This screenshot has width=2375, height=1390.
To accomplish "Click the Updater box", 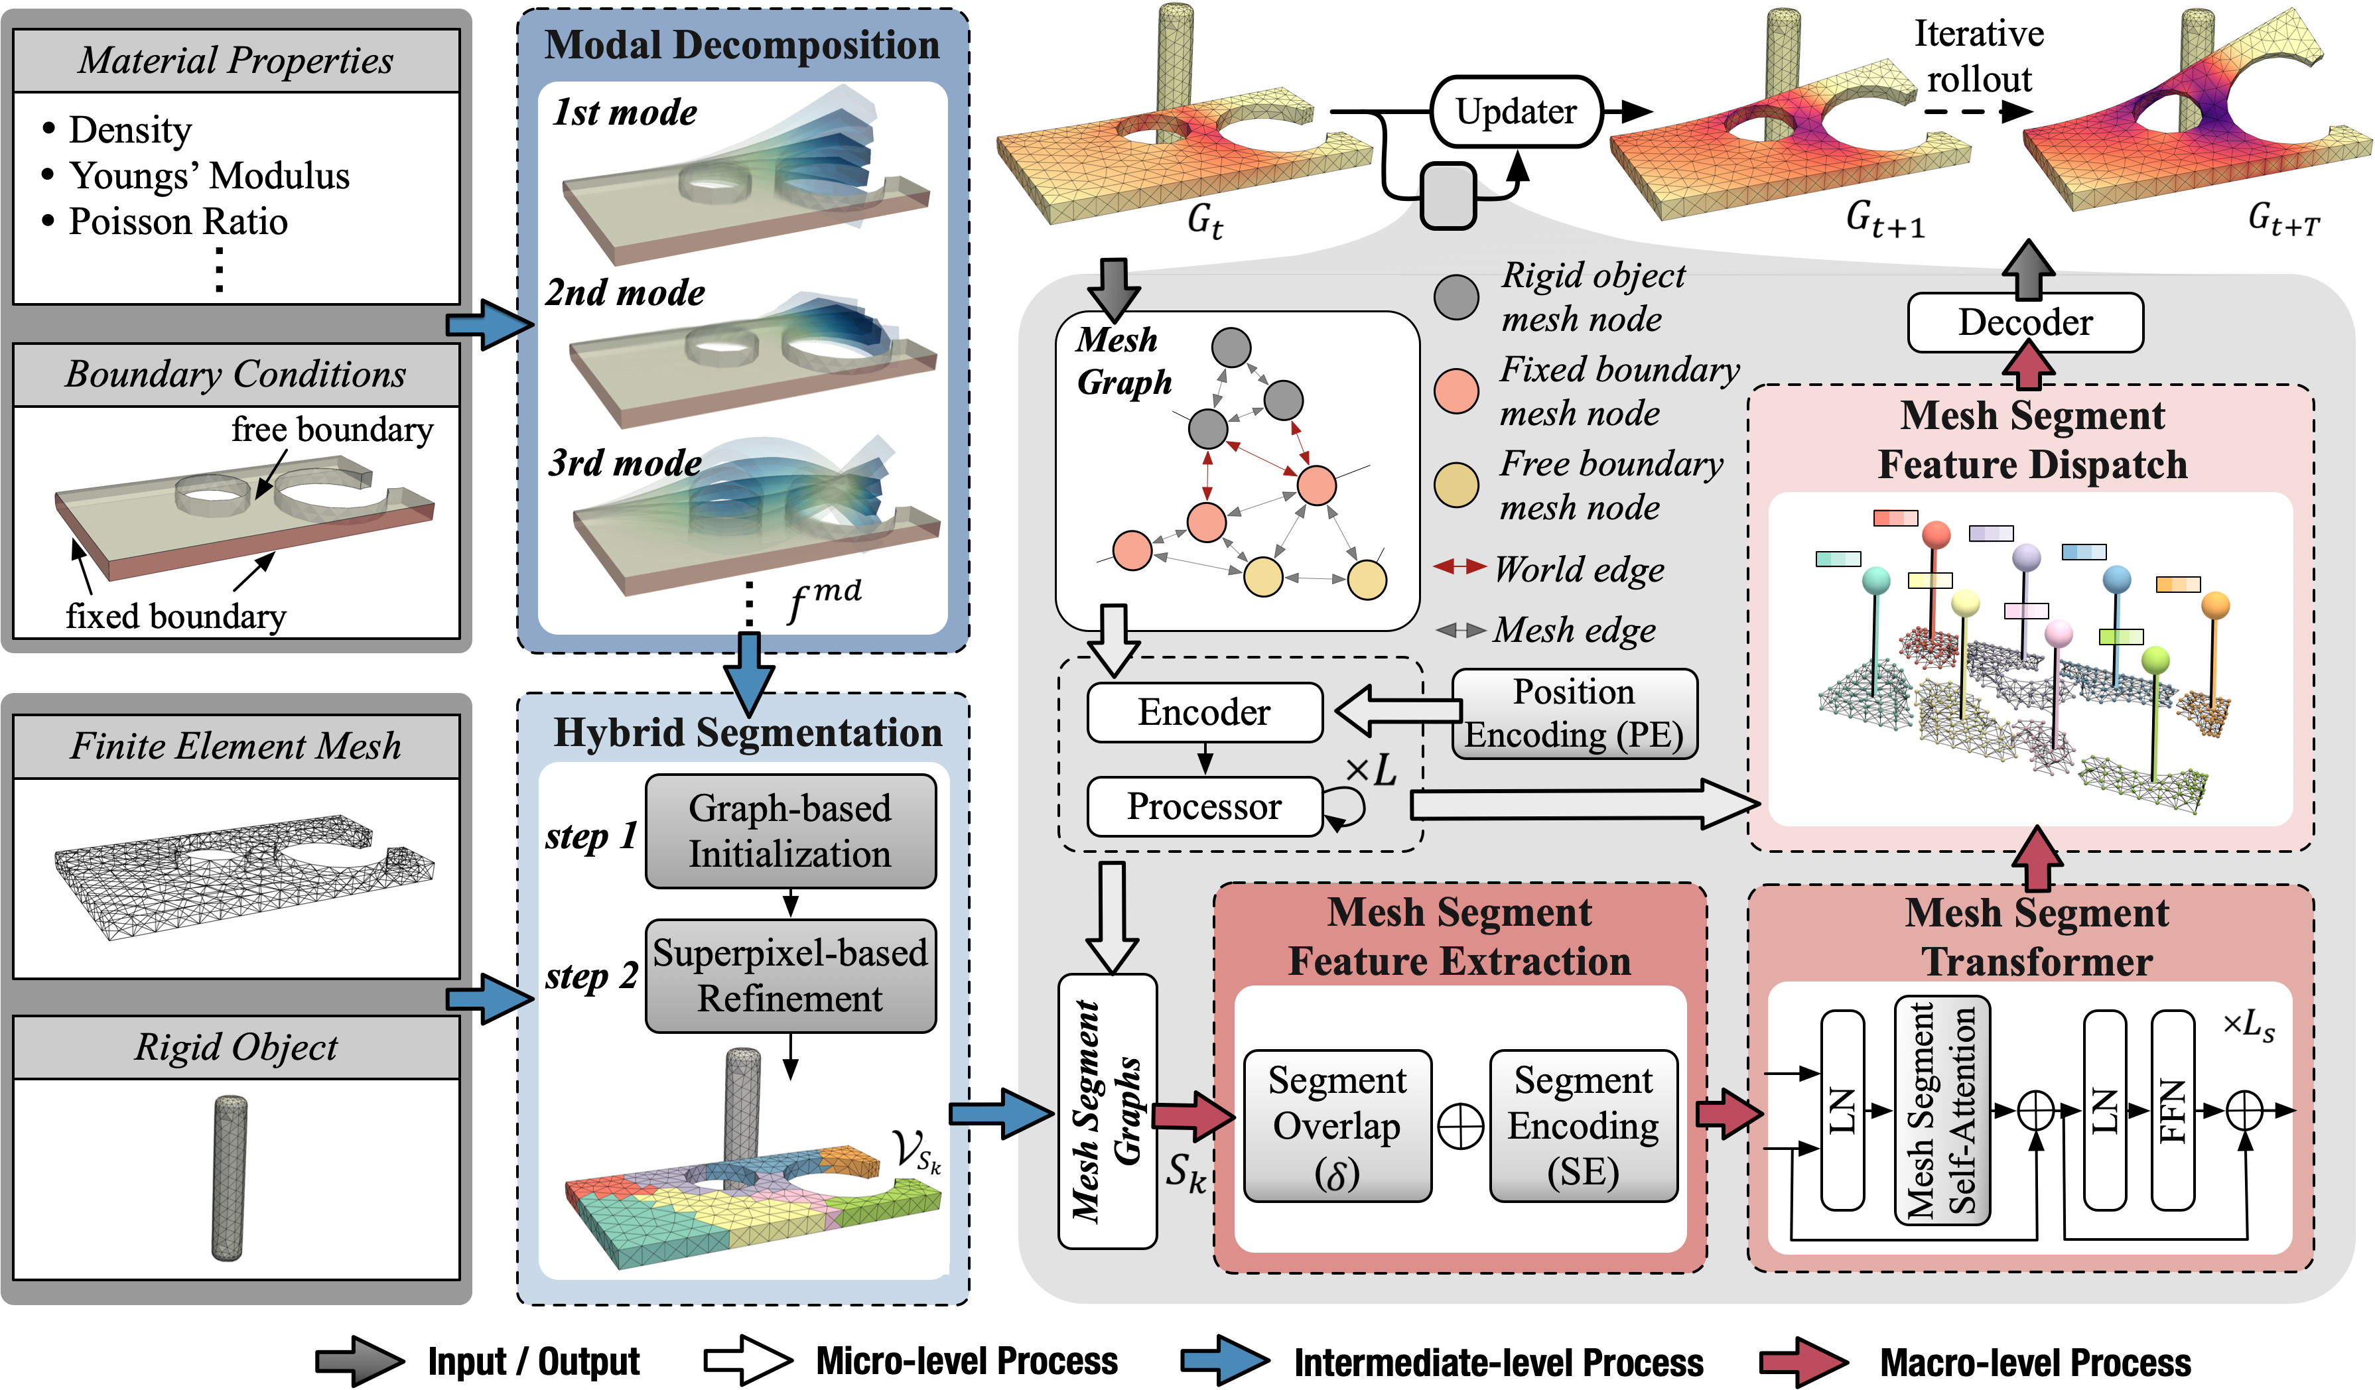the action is (1515, 111).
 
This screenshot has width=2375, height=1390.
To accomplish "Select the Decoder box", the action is (2025, 322).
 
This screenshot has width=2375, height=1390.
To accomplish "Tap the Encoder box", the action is (1205, 712).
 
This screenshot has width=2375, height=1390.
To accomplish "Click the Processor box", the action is (1205, 806).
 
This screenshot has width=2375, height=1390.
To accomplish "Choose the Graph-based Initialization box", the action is (791, 831).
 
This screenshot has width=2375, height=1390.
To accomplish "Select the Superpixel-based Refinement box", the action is (791, 976).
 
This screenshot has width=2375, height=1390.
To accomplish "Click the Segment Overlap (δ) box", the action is (1337, 1126).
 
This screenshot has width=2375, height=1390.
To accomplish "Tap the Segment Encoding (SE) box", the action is (1584, 1126).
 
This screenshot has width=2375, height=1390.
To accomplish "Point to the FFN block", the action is (2173, 1110).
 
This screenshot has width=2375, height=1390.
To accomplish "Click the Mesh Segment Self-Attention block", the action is (1942, 1110).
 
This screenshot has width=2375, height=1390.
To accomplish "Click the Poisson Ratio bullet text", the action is (178, 221).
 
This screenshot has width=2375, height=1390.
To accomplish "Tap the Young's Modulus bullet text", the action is (209, 176).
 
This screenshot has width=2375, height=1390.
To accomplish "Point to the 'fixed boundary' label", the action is (176, 616).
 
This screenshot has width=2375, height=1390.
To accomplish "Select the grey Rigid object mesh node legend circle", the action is (1456, 297).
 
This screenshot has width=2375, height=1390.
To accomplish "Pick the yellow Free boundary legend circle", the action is (1456, 485).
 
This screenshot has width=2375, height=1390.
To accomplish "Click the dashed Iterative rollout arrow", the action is (1977, 111).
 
